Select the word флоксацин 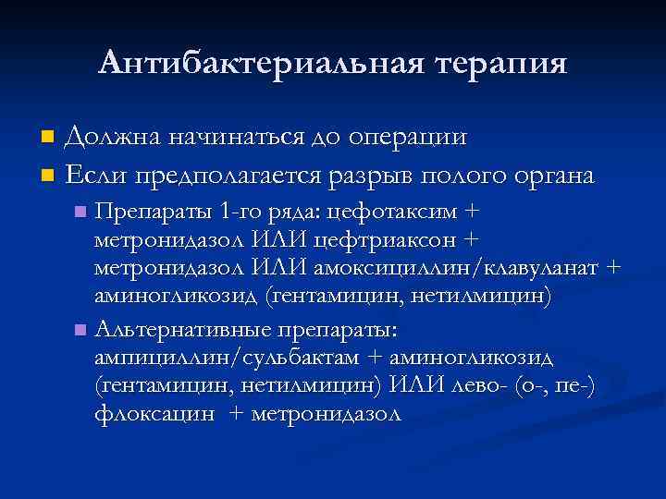tap(154, 414)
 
